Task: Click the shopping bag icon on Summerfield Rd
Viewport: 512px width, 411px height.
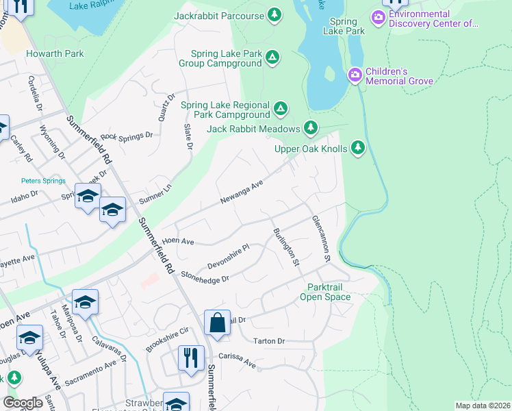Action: click(216, 323)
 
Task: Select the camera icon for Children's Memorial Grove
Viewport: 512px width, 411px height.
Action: click(355, 75)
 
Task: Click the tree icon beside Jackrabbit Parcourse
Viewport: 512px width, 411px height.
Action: click(274, 14)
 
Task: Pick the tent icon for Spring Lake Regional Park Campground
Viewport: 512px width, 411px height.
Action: click(280, 108)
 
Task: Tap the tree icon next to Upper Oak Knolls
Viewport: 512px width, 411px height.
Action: click(357, 148)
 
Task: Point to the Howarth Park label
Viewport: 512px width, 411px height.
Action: click(55, 53)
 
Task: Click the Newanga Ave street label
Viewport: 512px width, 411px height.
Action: click(242, 192)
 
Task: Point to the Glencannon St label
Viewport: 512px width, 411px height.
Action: click(321, 239)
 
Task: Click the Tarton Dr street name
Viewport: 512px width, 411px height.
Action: click(268, 340)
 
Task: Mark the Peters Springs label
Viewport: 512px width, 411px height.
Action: click(42, 181)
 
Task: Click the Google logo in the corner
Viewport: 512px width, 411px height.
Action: click(23, 403)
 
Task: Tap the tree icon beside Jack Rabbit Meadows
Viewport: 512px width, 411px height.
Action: click(311, 128)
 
